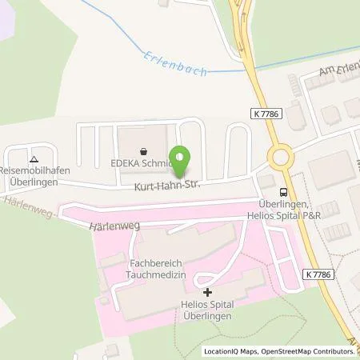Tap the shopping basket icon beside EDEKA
143,150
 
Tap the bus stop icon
283,191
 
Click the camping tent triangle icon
34,158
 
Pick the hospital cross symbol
207,292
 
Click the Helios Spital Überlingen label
208,311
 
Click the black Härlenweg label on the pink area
115,226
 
